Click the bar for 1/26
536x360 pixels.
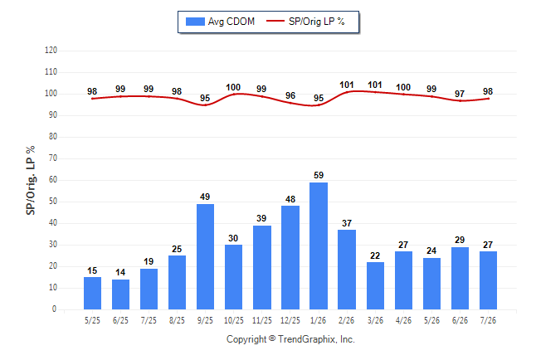[319, 246]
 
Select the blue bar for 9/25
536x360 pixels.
[205, 257]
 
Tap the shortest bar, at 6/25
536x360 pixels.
[120, 294]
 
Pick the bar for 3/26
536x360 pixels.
[375, 286]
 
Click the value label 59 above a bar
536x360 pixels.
[319, 175]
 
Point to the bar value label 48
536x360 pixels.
[290, 199]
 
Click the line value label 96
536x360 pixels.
[290, 95]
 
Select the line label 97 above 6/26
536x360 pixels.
[460, 94]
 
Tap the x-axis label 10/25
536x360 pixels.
[234, 320]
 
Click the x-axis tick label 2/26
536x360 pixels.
[346, 320]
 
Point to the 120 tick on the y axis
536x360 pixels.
[51, 51]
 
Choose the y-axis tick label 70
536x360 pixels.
[52, 158]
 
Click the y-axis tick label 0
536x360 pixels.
[55, 309]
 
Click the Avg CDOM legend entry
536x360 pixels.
[220, 22]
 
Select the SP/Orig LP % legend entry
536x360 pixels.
[305, 22]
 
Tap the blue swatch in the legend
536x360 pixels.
[195, 22]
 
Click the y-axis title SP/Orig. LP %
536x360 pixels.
[31, 181]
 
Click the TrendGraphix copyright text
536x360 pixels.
[290, 339]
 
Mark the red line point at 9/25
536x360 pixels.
[205, 105]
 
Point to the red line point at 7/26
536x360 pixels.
[488, 99]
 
